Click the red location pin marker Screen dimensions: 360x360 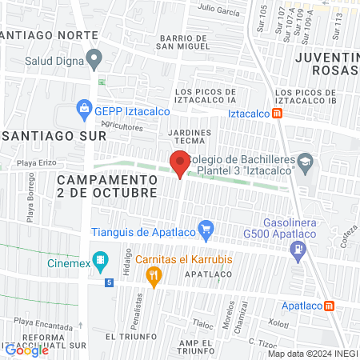click(x=180, y=164)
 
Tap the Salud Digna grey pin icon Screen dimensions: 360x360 click(x=95, y=58)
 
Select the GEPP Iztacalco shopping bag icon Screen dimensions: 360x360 click(x=83, y=106)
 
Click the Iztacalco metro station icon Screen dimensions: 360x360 click(x=277, y=113)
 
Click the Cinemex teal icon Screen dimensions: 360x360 click(x=101, y=259)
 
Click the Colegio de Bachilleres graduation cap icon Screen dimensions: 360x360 click(x=305, y=162)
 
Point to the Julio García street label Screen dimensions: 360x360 click(x=219, y=10)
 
